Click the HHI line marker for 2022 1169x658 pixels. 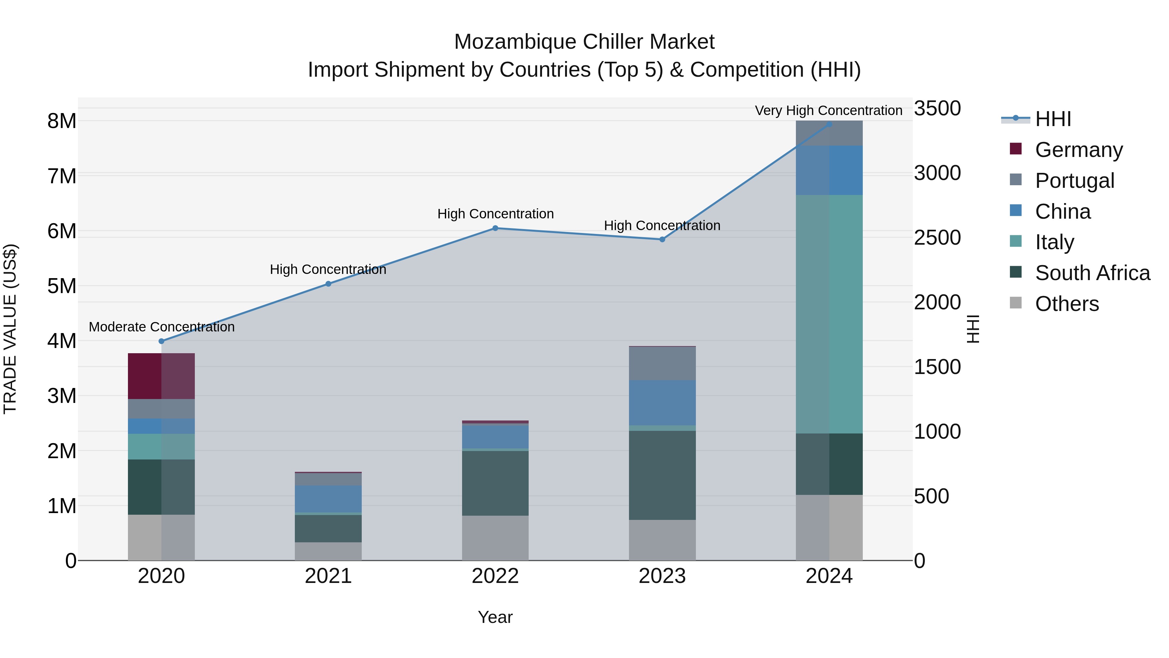click(x=495, y=228)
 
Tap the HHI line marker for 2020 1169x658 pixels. click(x=162, y=341)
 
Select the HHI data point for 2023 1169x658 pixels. click(x=662, y=239)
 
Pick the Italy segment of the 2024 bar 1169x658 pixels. click(x=829, y=314)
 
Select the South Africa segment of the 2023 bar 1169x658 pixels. click(x=662, y=475)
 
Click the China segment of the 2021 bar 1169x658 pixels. click(x=328, y=498)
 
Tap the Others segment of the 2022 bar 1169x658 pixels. click(x=495, y=538)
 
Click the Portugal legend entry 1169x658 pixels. click(x=1074, y=181)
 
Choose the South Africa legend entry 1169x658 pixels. click(x=1092, y=273)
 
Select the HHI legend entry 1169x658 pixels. click(x=1053, y=119)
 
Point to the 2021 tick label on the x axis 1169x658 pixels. click(x=328, y=576)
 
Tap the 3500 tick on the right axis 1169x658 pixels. click(x=937, y=109)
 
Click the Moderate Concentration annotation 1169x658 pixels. click(x=162, y=327)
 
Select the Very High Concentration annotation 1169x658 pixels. click(x=828, y=111)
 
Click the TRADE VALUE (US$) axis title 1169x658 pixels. click(x=10, y=329)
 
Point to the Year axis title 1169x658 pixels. click(x=495, y=617)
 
